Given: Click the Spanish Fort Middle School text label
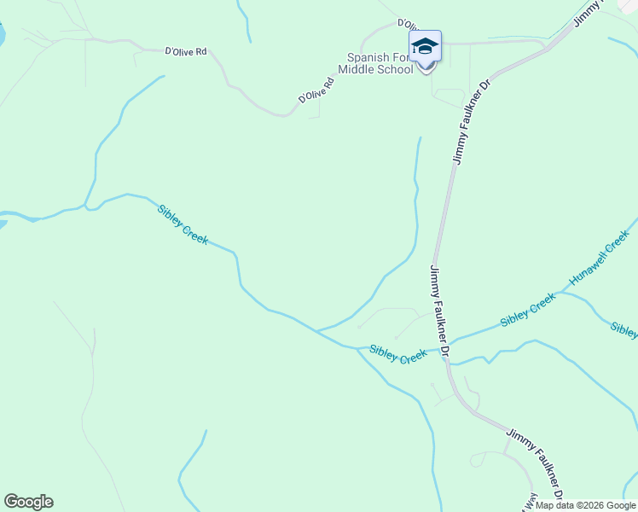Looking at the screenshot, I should point(375,63).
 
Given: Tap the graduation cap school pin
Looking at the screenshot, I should point(425,46).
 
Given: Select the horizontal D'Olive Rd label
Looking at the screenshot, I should point(186,51).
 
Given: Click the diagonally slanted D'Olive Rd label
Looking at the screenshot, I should point(315,88).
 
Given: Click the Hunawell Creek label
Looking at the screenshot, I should point(603,257).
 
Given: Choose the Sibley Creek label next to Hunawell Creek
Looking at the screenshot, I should point(527,309).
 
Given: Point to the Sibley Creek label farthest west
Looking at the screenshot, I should point(183,224).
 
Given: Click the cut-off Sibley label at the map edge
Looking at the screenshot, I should point(623,330).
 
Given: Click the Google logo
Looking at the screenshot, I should point(28,502).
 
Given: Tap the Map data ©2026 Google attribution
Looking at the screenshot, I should point(585,505).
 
